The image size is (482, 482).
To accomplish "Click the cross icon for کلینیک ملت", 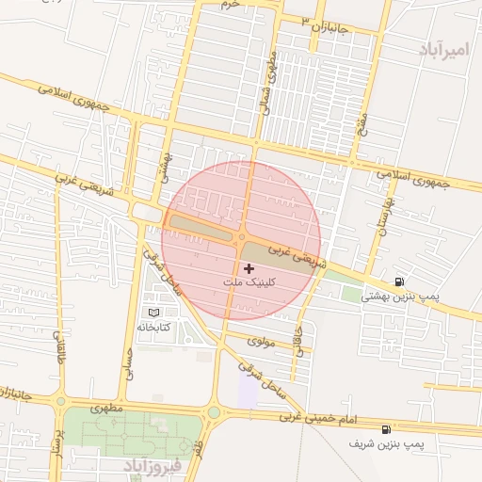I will (249, 269).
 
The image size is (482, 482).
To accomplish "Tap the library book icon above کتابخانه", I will (153, 312).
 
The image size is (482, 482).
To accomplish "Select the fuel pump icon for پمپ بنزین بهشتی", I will (400, 281).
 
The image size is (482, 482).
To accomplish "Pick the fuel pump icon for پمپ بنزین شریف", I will (387, 428).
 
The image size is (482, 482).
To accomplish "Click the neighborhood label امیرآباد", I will (441, 48).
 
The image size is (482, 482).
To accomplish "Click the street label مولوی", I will (261, 342).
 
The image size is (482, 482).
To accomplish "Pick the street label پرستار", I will (57, 442).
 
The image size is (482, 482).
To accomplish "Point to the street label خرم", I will (231, 5).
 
